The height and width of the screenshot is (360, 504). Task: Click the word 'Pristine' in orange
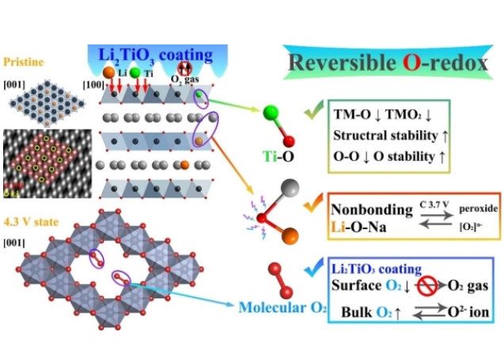[x=25, y=60]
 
